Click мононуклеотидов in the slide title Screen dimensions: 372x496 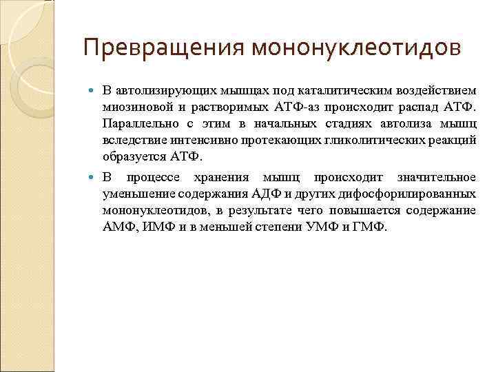tap(355, 48)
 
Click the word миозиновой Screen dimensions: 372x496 tap(134, 107)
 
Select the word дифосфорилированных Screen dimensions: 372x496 tap(411, 194)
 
